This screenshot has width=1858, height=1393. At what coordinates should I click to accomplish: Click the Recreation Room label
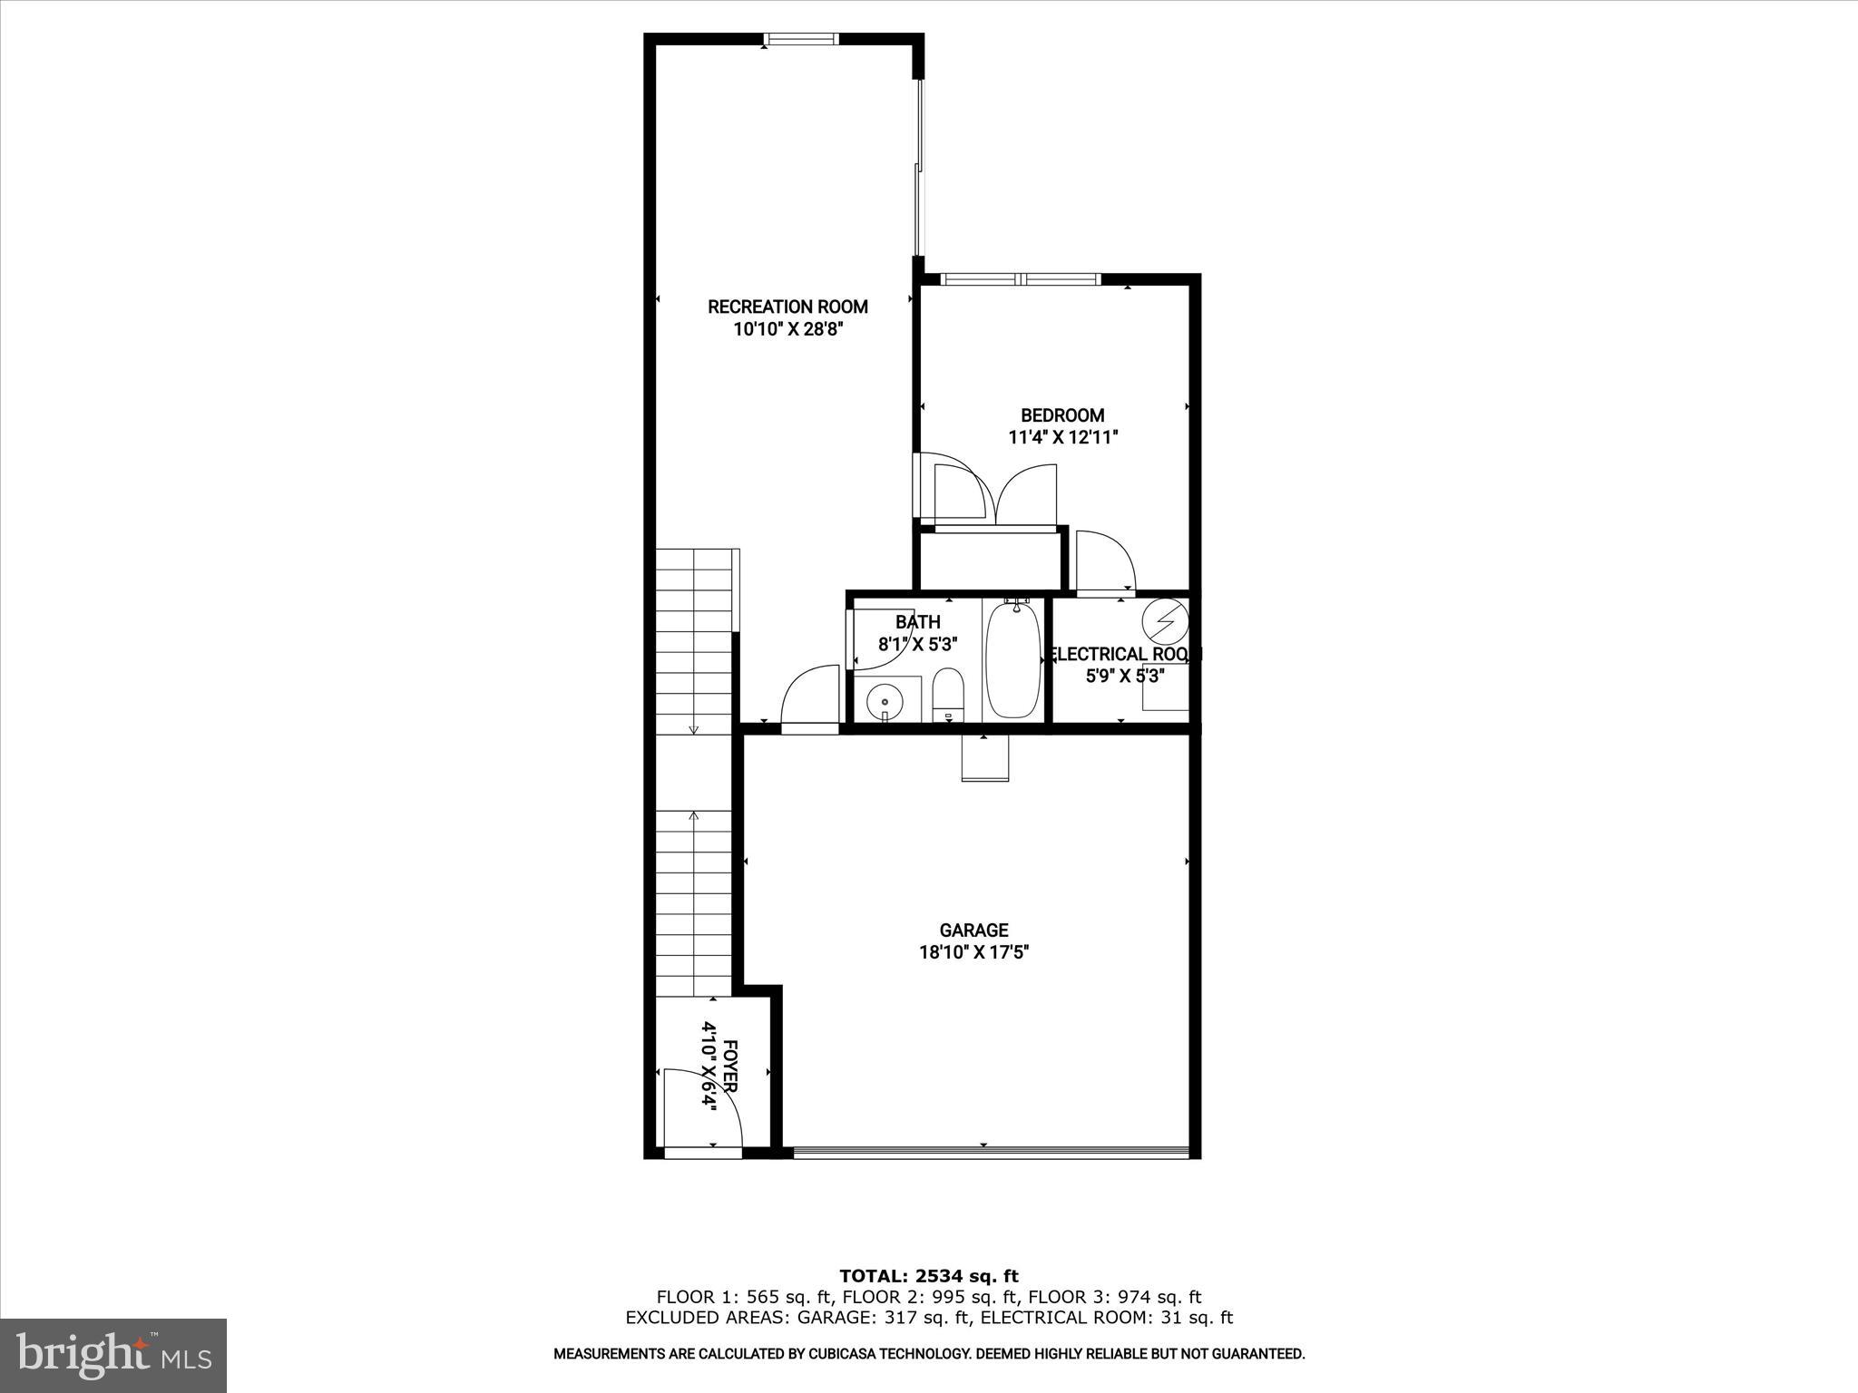(x=787, y=307)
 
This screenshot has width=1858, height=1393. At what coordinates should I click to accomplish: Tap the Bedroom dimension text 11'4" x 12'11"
(x=1062, y=437)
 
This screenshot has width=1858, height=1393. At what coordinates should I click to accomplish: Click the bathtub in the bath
(x=1012, y=659)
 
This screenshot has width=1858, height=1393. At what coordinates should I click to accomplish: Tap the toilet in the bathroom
(x=948, y=693)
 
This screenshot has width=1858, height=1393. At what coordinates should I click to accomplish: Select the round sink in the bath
(x=884, y=701)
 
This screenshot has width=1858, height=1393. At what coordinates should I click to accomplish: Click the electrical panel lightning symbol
(x=1164, y=619)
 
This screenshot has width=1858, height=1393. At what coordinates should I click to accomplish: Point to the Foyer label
(x=729, y=1067)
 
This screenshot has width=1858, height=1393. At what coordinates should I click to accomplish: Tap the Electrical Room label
(x=1124, y=654)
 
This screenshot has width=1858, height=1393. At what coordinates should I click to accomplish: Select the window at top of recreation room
(x=800, y=39)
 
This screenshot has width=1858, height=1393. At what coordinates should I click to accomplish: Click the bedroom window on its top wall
(x=1020, y=279)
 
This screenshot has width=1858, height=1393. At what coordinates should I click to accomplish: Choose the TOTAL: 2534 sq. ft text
(x=928, y=1276)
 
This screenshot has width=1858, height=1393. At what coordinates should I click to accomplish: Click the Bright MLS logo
(x=113, y=1354)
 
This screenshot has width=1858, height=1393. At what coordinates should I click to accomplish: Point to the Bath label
(x=917, y=622)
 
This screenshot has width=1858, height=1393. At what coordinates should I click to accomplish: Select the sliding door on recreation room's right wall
(x=920, y=168)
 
